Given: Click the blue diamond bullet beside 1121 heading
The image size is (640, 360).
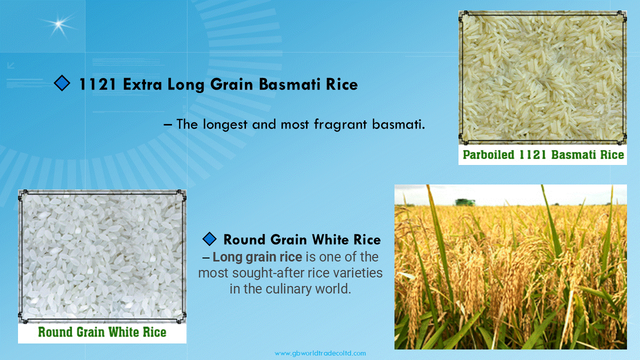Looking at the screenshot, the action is pos(62,83).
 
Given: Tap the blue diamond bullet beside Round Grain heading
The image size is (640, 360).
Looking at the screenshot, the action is pos(209,239).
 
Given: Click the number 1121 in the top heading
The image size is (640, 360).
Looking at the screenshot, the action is pos(97,84).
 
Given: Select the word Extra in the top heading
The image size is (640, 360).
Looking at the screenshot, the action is pos(142,84).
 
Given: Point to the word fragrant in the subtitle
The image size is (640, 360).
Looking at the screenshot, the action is pos(340,124).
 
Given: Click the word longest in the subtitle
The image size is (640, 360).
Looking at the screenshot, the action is pos(225,124).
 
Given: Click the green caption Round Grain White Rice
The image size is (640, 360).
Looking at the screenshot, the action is pos(102,332).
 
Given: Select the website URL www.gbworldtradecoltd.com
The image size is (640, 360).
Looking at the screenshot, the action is pos(320,353).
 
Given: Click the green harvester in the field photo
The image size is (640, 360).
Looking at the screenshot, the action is pos(465,202).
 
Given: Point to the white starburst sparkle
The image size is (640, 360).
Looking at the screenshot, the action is pos(58,24).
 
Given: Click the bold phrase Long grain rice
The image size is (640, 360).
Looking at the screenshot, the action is pos(257,257).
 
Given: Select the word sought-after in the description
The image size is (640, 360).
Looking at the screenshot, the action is pos(267,273).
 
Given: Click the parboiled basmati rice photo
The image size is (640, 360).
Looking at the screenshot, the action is pos(542,77).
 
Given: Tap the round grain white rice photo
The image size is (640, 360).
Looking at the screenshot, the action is pos(102,256).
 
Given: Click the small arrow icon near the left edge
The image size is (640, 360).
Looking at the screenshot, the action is pos(11,65).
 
